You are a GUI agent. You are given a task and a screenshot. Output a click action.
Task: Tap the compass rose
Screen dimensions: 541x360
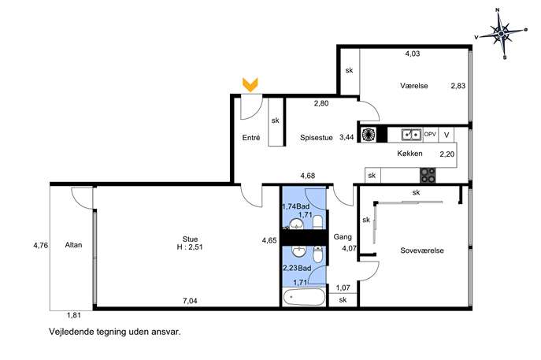(501, 34)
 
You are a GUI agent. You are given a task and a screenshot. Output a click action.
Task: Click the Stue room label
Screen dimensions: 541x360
(190, 239)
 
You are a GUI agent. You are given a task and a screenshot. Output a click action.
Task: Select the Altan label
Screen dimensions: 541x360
(73, 245)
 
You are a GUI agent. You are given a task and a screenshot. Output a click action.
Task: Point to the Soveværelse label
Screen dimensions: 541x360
(422, 251)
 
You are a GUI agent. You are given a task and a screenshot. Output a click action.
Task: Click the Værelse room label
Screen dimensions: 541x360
(414, 86)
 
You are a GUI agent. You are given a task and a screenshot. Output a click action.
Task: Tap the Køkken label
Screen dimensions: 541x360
(409, 154)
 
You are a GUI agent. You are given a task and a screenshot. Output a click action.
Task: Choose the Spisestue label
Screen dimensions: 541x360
(317, 137)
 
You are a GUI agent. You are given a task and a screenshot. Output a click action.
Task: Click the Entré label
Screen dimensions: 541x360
(251, 137)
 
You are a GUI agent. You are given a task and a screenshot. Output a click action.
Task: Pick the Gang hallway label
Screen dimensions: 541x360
(343, 237)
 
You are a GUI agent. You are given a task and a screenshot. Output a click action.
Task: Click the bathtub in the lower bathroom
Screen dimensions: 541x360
(304, 297)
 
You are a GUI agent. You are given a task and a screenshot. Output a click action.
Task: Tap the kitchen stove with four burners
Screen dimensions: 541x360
(428, 175)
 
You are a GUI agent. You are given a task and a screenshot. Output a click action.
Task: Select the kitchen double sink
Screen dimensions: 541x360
(412, 135)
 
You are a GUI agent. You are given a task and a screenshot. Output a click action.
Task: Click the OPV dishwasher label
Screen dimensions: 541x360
(430, 134)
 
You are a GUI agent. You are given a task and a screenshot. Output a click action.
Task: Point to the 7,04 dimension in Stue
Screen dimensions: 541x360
(190, 301)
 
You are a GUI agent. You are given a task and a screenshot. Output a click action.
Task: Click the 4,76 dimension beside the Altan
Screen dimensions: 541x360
(41, 246)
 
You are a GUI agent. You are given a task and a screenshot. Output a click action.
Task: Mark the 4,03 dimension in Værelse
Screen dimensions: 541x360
(413, 54)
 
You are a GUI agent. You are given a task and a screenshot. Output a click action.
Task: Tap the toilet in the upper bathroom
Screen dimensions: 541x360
(317, 222)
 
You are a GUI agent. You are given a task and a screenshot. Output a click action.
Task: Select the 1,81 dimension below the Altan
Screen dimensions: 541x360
(74, 315)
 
